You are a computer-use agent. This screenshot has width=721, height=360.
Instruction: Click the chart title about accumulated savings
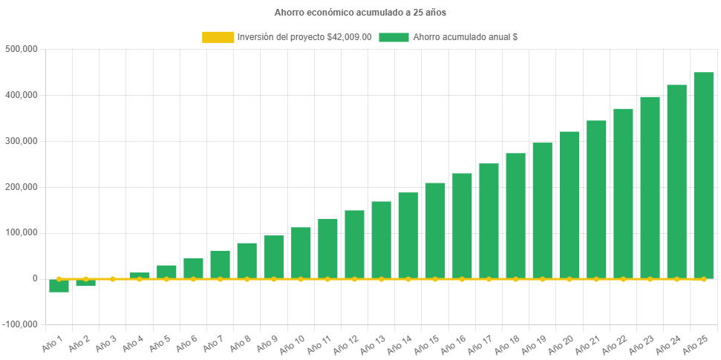360,13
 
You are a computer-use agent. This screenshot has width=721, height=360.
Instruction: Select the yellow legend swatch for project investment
217,37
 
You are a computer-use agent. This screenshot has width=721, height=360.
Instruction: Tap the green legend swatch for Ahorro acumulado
394,37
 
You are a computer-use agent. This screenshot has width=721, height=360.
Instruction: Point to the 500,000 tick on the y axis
22,49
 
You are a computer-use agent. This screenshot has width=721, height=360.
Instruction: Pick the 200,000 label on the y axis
22,187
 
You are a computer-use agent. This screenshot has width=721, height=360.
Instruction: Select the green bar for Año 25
703,175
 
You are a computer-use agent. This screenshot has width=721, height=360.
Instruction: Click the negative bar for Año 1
59,287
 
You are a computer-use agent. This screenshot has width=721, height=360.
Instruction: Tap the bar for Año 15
435,231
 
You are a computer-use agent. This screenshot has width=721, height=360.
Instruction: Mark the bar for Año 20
569,205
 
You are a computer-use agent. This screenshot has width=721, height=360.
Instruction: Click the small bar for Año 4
140,275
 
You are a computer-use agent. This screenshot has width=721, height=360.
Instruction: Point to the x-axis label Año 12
349,344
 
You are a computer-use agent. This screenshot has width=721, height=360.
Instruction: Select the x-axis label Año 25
697,344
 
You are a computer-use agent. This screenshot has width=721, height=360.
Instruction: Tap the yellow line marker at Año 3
113,279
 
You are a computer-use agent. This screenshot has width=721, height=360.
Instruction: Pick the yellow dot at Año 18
515,279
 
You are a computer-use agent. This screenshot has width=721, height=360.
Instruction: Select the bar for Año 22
623,194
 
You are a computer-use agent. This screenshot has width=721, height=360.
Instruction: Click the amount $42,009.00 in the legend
349,37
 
